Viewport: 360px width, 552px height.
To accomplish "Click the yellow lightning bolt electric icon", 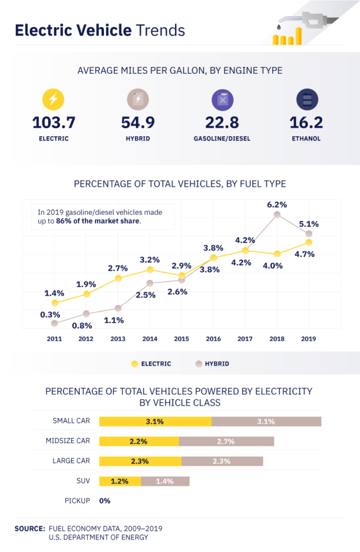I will (x=53, y=100).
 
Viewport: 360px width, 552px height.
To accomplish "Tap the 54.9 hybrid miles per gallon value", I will (x=138, y=122).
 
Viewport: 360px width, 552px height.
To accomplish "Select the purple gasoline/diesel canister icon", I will (x=222, y=100).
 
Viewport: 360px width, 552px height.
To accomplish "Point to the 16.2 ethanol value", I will (x=306, y=122).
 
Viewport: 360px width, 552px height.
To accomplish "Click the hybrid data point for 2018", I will (x=277, y=215).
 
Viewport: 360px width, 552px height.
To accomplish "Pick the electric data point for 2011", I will (x=54, y=303).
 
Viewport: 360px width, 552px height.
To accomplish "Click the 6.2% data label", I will (x=277, y=204).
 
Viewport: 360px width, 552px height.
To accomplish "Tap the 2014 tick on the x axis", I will (x=149, y=339).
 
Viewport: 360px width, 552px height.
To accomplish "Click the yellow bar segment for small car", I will (x=155, y=422).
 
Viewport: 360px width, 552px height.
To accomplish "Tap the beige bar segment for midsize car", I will (x=226, y=441).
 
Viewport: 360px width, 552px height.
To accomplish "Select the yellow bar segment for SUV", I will (x=120, y=481).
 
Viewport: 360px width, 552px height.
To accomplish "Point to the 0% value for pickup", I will (x=105, y=501).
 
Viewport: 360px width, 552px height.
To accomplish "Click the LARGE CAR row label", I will (x=71, y=461).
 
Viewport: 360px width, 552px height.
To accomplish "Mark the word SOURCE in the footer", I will (x=30, y=528).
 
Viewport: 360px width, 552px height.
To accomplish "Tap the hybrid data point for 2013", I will (x=118, y=308).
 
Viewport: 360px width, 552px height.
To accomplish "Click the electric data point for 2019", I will (x=309, y=243).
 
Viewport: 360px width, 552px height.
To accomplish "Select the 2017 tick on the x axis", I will (x=245, y=339).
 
